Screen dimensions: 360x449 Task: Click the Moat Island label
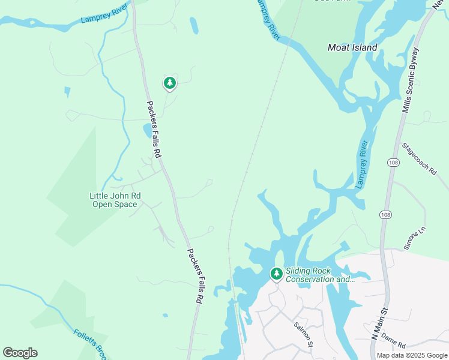[x=352, y=47]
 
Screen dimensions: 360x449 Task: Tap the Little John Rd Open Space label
[x=115, y=200]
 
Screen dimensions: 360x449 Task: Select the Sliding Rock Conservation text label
[x=320, y=275]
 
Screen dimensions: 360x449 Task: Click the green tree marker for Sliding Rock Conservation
[x=276, y=274]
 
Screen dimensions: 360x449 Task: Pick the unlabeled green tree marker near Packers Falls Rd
[x=170, y=83]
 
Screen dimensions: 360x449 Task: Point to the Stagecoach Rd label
[x=419, y=158]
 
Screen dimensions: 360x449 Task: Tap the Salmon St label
[x=304, y=334]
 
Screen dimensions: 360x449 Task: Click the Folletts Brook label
[x=90, y=341]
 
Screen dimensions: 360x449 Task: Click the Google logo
[x=20, y=353]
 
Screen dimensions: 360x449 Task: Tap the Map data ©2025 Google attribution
[x=411, y=355]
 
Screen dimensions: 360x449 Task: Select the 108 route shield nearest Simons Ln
[x=384, y=214]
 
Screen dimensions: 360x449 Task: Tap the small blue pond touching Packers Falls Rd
[x=147, y=130]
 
